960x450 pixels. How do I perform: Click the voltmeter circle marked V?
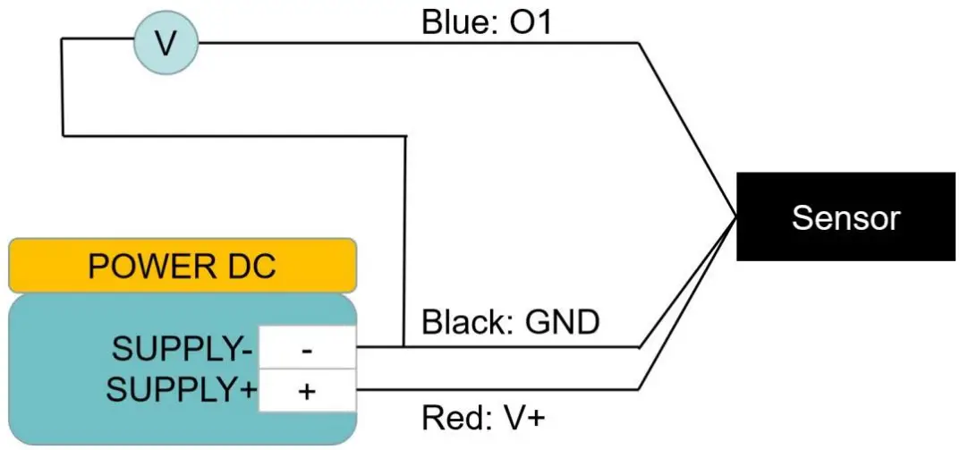(166, 43)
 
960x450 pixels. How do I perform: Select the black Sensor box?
(845, 217)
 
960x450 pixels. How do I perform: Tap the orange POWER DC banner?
(183, 266)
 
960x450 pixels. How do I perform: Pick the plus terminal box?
(307, 391)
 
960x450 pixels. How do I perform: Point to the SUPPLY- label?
(183, 347)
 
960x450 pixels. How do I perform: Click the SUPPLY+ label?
(181, 391)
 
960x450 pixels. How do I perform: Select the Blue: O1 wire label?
(487, 22)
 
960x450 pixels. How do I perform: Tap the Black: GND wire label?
(510, 322)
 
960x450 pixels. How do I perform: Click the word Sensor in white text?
(845, 217)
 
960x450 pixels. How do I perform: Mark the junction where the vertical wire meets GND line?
(406, 347)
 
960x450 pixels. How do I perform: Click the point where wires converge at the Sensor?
(735, 217)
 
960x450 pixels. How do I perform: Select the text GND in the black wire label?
(561, 322)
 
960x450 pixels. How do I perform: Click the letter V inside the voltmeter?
(166, 43)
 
